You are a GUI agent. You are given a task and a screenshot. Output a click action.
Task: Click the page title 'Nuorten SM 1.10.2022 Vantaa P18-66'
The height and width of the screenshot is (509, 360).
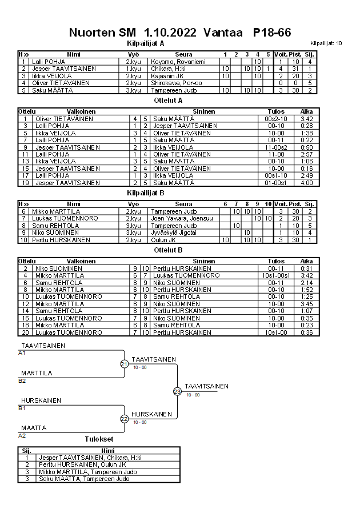(x=179, y=33)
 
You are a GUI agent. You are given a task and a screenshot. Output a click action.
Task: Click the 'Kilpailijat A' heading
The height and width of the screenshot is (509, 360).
(x=145, y=43)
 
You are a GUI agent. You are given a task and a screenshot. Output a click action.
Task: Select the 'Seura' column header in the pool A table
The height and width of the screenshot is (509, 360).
(x=183, y=54)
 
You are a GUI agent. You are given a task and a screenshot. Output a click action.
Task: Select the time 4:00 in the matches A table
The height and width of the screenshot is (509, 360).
(x=306, y=183)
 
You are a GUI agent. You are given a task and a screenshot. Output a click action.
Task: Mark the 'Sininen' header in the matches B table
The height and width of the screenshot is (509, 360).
(x=204, y=262)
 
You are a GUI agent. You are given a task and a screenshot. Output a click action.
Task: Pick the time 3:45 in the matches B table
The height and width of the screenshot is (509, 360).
(x=306, y=304)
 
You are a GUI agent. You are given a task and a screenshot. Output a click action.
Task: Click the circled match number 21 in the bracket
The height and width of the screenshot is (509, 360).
(x=124, y=364)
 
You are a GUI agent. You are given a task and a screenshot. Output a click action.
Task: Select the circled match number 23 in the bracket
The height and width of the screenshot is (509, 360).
(x=177, y=391)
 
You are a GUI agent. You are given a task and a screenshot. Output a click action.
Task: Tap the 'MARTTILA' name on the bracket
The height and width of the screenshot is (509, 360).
(x=35, y=373)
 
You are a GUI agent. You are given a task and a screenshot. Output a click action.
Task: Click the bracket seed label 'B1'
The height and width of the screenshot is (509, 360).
(x=22, y=408)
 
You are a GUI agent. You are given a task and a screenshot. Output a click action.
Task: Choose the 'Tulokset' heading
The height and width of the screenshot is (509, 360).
(x=98, y=440)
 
